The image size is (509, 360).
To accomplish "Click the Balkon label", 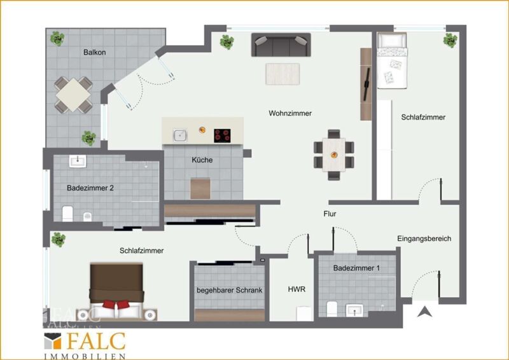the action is tap(94, 52).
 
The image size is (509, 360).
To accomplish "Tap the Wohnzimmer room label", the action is tap(290, 113).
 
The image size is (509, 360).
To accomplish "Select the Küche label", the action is tap(202, 160).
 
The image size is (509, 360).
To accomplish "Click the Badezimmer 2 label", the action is tap(90, 188).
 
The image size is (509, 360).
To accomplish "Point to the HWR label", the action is tap(296, 289).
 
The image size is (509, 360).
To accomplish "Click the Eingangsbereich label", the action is tap(424, 239).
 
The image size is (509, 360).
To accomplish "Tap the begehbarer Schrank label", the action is tap(230, 290).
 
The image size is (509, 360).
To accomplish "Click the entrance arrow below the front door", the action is tap(424, 312).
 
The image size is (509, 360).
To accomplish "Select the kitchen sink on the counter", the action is tap(180, 135).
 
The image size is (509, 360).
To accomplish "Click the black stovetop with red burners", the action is tap(222, 135).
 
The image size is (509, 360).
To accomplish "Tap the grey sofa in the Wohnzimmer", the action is tap(281, 45).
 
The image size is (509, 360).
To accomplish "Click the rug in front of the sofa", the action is tap(282, 74).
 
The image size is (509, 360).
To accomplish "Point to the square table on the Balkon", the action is tap(73, 95).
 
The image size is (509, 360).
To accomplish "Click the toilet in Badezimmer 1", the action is tap(332, 308).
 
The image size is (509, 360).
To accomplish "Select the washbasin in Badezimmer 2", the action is tap(78, 161).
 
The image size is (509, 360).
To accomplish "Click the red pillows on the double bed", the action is tap(116, 305).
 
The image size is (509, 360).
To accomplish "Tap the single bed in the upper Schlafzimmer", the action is tap(392, 60).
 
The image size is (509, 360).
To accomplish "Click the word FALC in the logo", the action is tap(96, 342).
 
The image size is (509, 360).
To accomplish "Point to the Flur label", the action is tap(330, 214).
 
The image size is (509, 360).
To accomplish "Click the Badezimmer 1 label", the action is tap(356, 268).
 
